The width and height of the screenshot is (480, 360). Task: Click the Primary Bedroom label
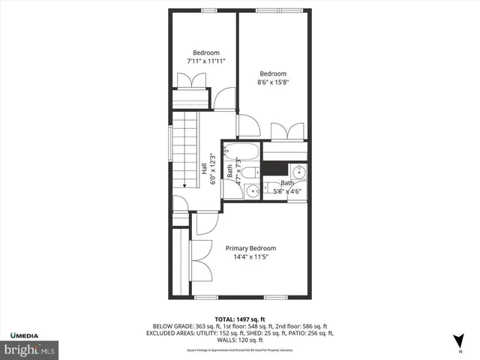251,248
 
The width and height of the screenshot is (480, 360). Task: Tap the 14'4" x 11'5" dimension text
251,257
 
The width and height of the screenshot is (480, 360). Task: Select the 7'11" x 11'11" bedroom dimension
206,61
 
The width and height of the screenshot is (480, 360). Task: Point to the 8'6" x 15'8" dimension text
274,82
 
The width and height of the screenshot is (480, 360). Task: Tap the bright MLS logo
29,349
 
